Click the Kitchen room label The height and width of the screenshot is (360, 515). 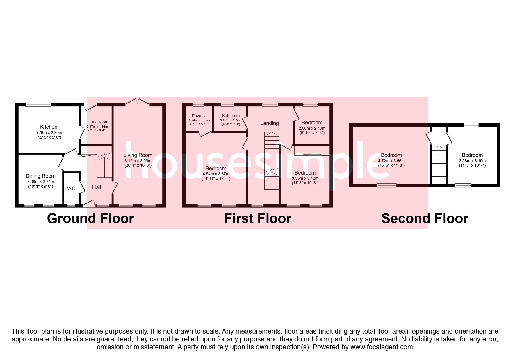pyautogui.click(x=49, y=127)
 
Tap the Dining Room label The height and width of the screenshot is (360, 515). pyautogui.click(x=40, y=176)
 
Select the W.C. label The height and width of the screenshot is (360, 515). pyautogui.click(x=72, y=189)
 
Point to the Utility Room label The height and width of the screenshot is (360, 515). pyautogui.click(x=97, y=122)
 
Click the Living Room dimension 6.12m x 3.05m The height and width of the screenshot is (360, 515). pyautogui.click(x=138, y=161)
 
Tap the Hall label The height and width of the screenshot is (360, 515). pyautogui.click(x=97, y=187)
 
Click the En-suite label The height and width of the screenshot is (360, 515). pyautogui.click(x=199, y=116)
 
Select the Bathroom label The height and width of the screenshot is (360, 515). pyautogui.click(x=231, y=116)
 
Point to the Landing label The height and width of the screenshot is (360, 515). pyautogui.click(x=269, y=123)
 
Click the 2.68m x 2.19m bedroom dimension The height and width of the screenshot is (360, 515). pyautogui.click(x=312, y=128)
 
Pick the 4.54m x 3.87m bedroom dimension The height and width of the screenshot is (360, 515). pyautogui.click(x=216, y=174)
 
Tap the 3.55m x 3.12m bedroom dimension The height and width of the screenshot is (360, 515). pyautogui.click(x=305, y=178)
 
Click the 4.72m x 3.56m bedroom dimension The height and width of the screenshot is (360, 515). pyautogui.click(x=391, y=161)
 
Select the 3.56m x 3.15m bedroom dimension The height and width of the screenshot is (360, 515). pyautogui.click(x=472, y=161)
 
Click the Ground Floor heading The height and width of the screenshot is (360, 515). pyautogui.click(x=90, y=218)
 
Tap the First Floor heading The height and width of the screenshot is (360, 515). pyautogui.click(x=258, y=218)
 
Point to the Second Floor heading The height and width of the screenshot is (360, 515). pyautogui.click(x=425, y=218)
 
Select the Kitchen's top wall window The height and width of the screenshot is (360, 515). pyautogui.click(x=38, y=105)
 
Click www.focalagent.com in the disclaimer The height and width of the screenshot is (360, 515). pyautogui.click(x=382, y=347)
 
